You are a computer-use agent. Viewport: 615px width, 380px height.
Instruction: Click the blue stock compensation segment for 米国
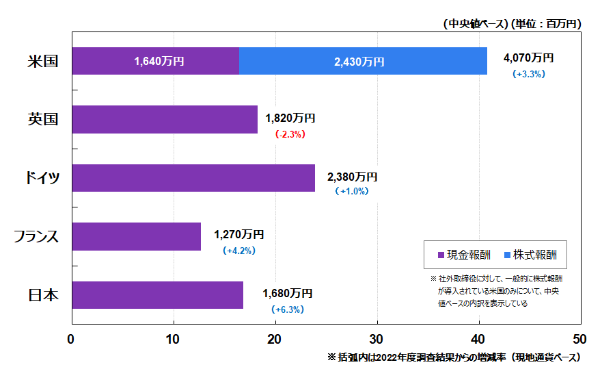point(363,61)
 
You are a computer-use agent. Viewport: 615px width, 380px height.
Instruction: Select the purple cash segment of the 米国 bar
point(155,61)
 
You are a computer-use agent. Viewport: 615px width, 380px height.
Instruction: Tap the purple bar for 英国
point(164,119)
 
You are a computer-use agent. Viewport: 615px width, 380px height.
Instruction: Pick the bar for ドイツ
point(193,178)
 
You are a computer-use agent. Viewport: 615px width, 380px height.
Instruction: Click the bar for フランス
point(136,236)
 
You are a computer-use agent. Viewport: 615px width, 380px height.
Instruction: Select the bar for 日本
point(157,294)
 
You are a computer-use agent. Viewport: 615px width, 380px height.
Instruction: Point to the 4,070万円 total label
point(528,58)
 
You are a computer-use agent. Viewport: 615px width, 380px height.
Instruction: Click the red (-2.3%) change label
point(290,134)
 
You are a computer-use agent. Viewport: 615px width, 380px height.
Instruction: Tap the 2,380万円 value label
point(353,177)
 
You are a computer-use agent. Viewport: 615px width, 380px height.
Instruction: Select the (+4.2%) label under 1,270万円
point(238,251)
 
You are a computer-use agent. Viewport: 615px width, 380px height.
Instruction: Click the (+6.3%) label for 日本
point(288,309)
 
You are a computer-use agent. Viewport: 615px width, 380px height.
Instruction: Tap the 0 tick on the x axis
point(71,340)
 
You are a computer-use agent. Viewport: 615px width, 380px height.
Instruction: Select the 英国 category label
point(42,119)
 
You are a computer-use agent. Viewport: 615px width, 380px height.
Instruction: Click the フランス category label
point(37,237)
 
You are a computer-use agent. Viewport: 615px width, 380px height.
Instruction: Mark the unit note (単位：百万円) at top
point(546,23)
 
